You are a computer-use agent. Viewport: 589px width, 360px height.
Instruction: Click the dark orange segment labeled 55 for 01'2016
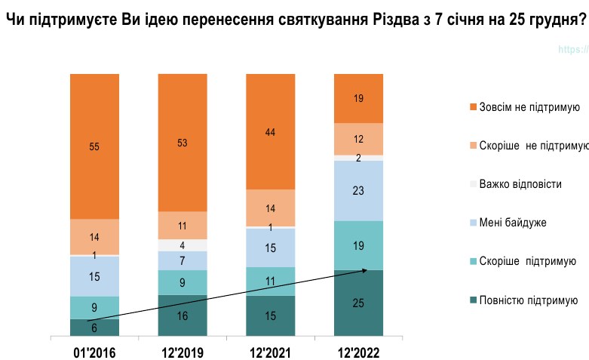[x=94, y=146]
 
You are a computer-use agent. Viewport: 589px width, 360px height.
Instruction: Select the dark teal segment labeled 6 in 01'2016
[x=94, y=327]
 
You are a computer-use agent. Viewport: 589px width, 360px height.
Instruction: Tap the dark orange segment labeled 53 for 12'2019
[x=183, y=143]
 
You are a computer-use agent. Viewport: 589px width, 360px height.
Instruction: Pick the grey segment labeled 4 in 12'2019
[x=183, y=245]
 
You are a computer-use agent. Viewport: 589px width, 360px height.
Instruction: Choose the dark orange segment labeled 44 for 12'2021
[x=271, y=131]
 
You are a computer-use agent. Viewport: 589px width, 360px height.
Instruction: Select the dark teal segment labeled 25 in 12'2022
[x=359, y=303]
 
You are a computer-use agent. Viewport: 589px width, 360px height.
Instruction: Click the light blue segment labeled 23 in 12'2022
[x=359, y=190]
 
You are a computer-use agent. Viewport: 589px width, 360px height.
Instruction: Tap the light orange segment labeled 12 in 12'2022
[x=359, y=139]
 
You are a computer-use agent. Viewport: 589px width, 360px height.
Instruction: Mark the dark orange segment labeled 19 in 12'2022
[x=359, y=98]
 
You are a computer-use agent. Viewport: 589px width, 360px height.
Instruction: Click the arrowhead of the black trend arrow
[x=365, y=269]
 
